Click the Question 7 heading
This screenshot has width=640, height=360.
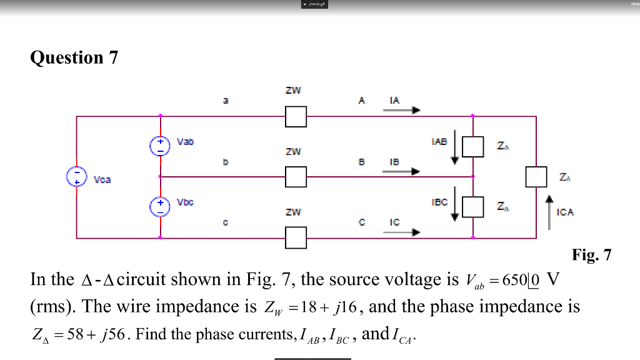click(74, 57)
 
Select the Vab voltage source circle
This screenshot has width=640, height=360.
click(160, 146)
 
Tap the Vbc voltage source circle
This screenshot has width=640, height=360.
click(160, 207)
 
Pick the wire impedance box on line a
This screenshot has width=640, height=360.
click(296, 116)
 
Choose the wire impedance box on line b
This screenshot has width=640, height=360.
click(296, 177)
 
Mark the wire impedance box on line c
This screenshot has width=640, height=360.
click(296, 237)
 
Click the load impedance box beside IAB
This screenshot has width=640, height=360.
click(474, 146)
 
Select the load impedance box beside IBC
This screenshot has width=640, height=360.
click(474, 207)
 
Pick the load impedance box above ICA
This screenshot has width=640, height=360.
click(536, 177)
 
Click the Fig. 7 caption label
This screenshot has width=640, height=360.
click(591, 255)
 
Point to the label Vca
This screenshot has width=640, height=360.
click(102, 180)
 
